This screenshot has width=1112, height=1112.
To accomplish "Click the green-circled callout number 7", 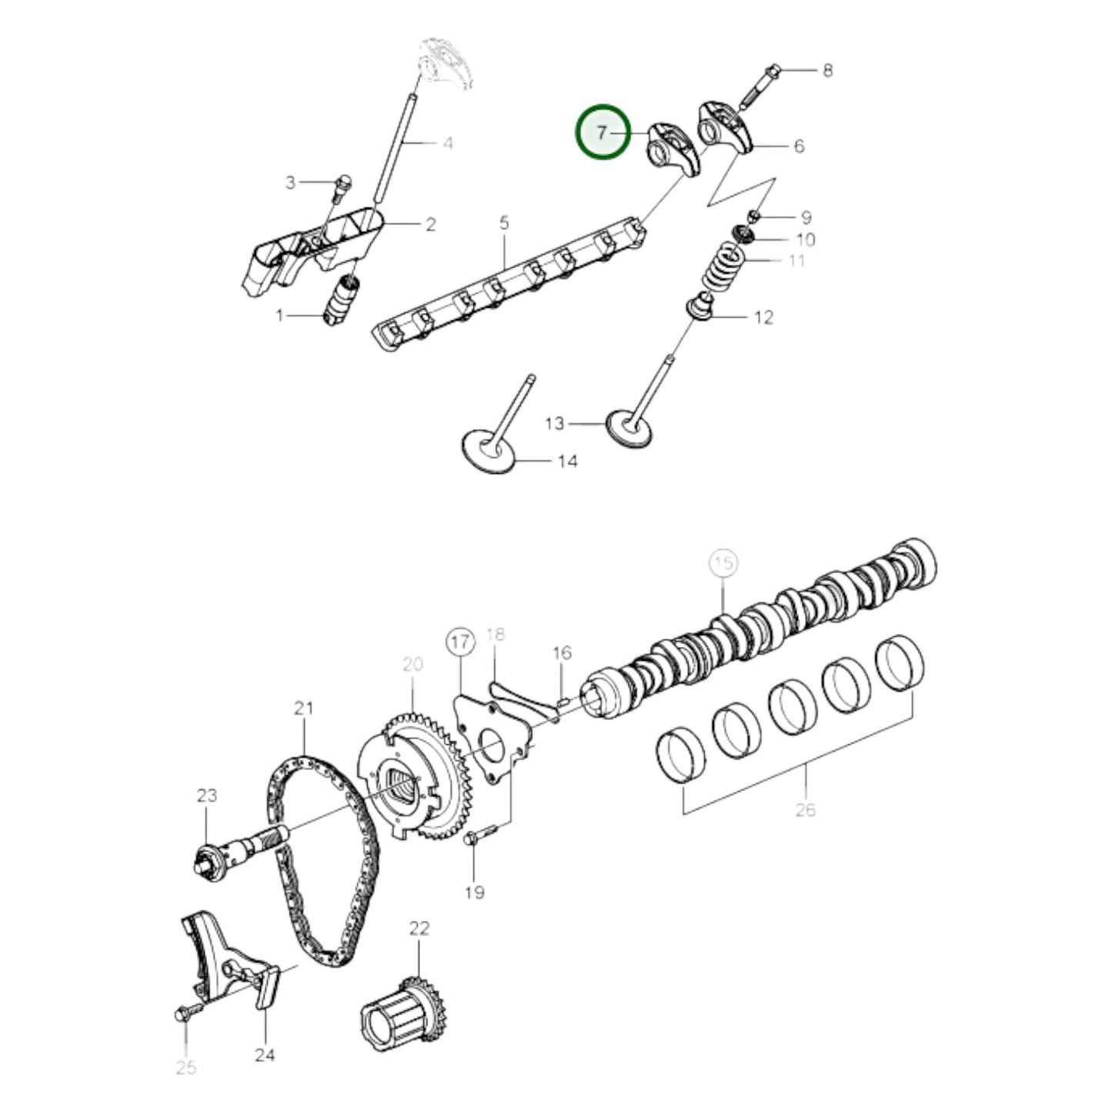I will pos(603,133).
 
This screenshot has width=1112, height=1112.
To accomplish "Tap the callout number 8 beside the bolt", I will pos(827,71).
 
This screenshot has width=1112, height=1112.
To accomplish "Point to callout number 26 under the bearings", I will pos(805,810).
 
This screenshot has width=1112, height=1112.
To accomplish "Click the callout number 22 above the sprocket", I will pos(419,928).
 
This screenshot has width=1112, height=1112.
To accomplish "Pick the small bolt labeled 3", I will pos(344,182).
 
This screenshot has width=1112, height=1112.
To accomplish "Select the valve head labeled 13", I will pos(629,429).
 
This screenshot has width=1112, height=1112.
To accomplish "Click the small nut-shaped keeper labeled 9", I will pos(754,215).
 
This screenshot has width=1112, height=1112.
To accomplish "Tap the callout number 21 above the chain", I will pos(304,708).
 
